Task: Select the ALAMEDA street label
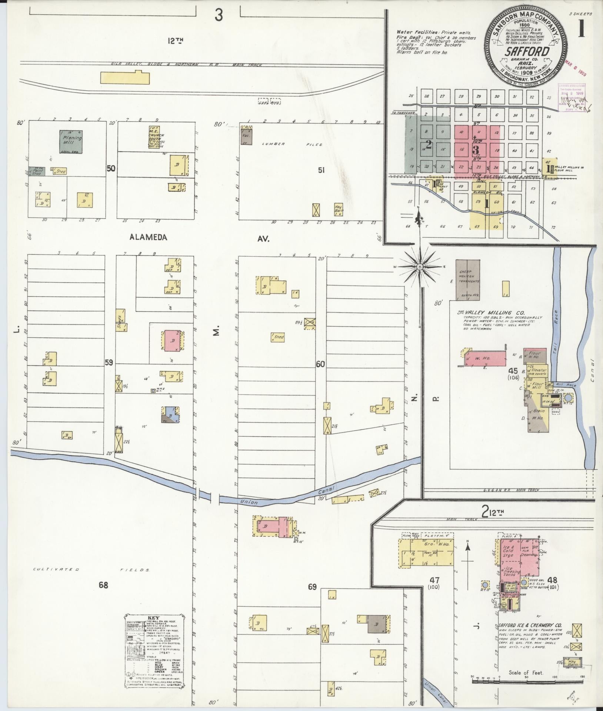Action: pos(148,238)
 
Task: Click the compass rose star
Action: pos(420,267)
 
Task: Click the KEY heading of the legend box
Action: pos(153,618)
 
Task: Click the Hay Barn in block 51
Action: pos(339,209)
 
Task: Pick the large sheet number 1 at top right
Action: pos(580,29)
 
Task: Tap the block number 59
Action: pos(109,363)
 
